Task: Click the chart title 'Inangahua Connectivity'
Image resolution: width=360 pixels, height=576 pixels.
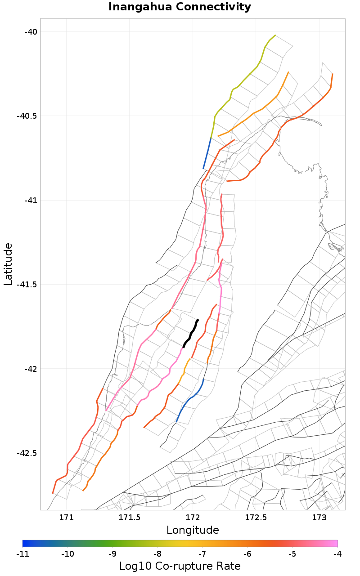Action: (x=180, y=7)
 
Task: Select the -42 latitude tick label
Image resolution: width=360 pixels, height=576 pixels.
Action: (x=31, y=369)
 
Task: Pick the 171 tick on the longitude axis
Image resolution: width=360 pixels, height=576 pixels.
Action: (x=66, y=517)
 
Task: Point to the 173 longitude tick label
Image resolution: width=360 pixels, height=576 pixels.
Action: (x=319, y=517)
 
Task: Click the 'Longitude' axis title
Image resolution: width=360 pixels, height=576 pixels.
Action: (x=193, y=530)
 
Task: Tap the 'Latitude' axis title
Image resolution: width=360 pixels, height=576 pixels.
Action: (x=8, y=264)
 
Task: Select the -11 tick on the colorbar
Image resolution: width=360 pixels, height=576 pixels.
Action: (x=22, y=554)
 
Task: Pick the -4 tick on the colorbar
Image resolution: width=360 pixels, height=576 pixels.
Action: (x=337, y=554)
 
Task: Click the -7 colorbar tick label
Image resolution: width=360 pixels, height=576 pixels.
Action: (x=202, y=554)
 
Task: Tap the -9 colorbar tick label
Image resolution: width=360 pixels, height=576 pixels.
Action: (x=112, y=554)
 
